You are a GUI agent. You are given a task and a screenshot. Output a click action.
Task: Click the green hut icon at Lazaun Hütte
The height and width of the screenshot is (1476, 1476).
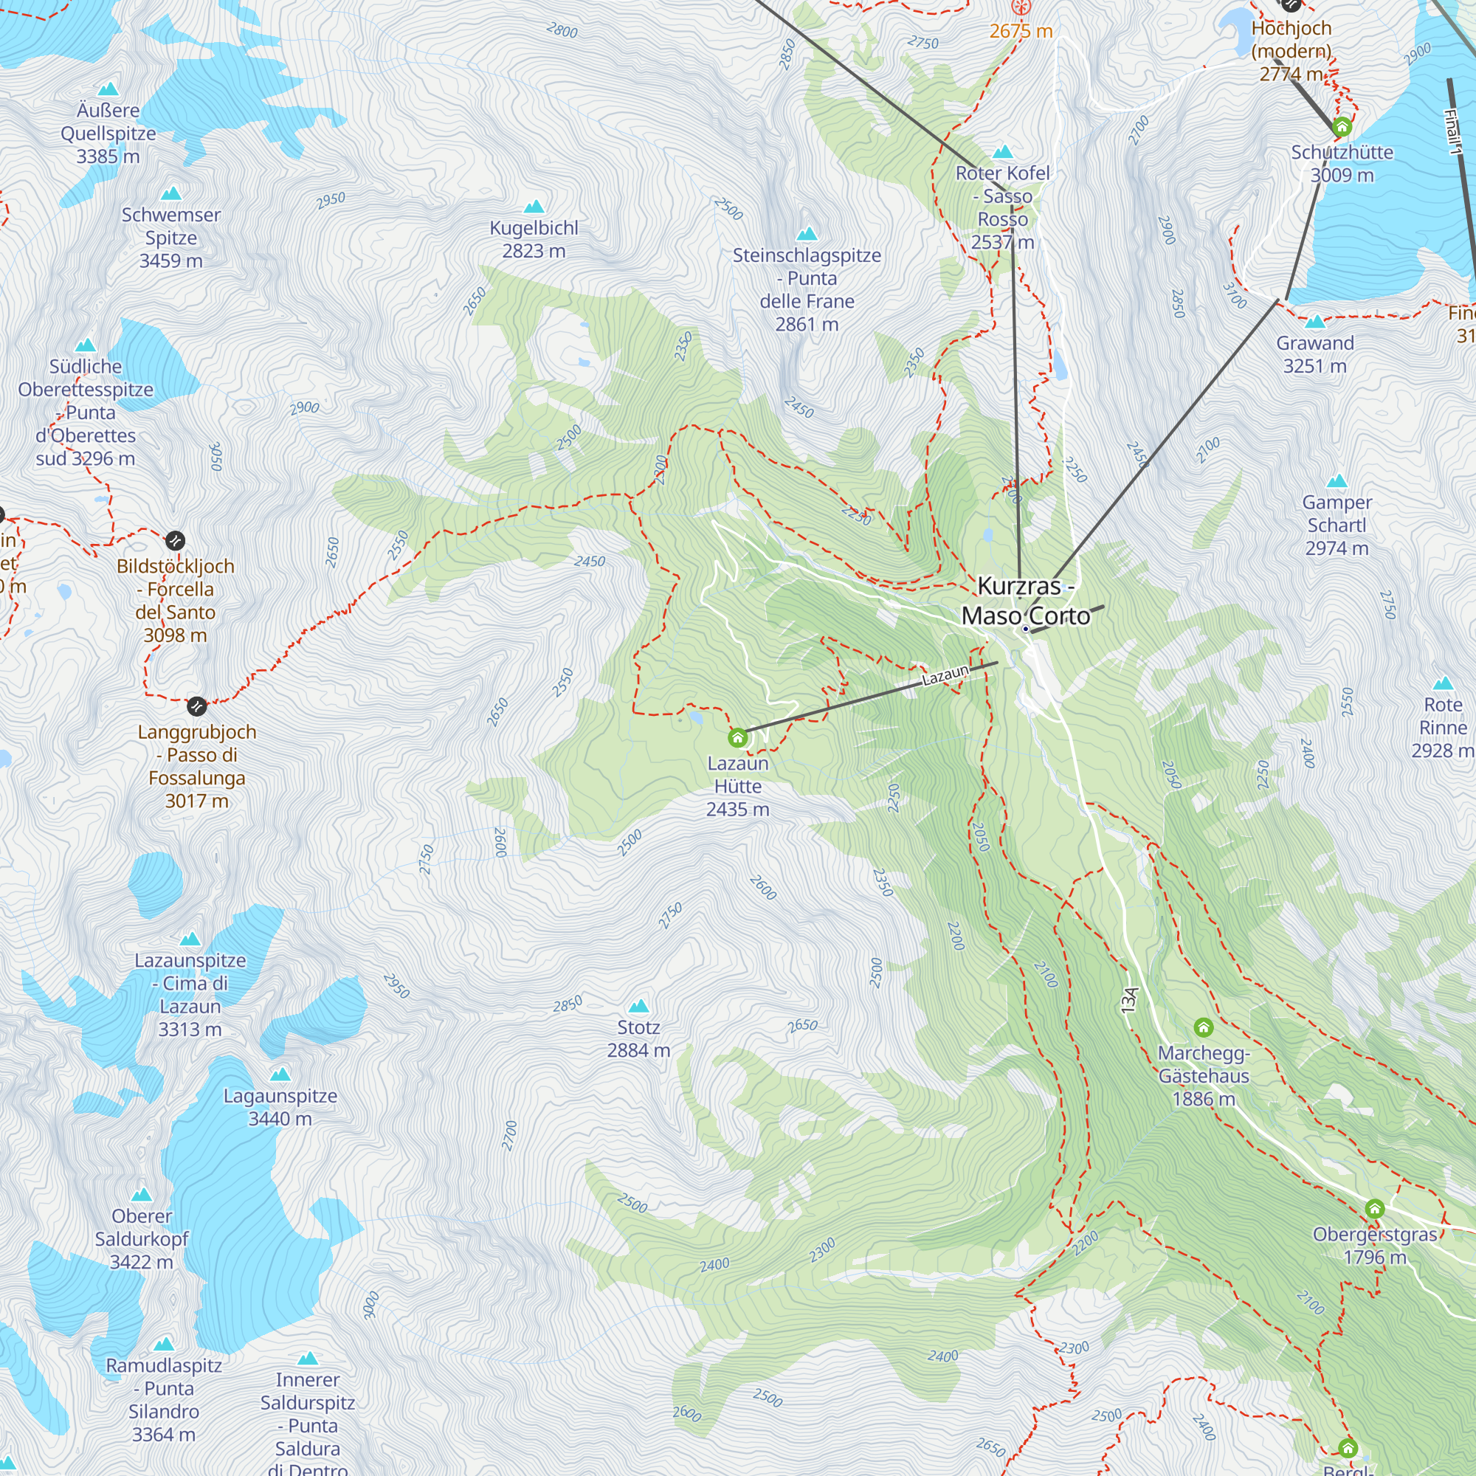737,737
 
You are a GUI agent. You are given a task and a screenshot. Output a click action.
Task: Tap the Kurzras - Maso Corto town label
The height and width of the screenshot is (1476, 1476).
1025,601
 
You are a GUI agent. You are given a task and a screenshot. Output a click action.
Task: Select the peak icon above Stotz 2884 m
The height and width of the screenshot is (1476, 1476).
638,1005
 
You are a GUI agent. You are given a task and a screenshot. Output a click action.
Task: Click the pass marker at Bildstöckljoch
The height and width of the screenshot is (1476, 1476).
175,541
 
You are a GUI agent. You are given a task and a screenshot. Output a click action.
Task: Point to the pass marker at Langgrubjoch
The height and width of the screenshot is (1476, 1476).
197,706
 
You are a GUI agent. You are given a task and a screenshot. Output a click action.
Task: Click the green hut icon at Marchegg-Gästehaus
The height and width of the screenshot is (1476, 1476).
1203,1027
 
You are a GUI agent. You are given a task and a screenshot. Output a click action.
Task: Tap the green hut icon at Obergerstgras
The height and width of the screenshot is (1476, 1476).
1374,1209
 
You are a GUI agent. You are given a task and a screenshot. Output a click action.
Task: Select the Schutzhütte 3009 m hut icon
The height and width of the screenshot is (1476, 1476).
1342,127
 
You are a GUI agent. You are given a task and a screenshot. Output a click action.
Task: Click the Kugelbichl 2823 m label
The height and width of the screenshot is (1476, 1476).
534,239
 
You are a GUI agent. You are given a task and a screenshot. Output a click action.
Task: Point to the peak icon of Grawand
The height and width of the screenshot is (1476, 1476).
1315,322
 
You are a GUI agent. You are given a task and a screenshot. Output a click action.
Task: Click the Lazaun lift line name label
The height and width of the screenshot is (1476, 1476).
945,675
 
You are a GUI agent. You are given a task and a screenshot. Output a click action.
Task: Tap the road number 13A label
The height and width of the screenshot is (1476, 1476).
1130,1001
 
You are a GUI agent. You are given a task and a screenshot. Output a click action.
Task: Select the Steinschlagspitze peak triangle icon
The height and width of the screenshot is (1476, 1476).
807,234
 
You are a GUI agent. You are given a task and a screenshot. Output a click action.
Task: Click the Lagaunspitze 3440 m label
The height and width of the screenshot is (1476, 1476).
280,1107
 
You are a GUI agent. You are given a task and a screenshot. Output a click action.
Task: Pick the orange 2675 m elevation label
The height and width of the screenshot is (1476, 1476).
1021,31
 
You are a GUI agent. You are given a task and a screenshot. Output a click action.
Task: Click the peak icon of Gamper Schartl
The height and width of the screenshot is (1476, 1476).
1337,481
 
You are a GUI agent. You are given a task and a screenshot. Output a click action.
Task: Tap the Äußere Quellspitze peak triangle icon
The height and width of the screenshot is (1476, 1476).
108,89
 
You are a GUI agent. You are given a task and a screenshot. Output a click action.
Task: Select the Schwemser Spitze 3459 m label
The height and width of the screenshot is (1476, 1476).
171,238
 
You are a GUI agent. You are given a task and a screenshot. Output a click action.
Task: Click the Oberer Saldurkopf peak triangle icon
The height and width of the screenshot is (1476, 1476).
142,1195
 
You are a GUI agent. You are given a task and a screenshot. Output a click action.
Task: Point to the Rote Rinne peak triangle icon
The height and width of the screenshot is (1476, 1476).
1442,683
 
